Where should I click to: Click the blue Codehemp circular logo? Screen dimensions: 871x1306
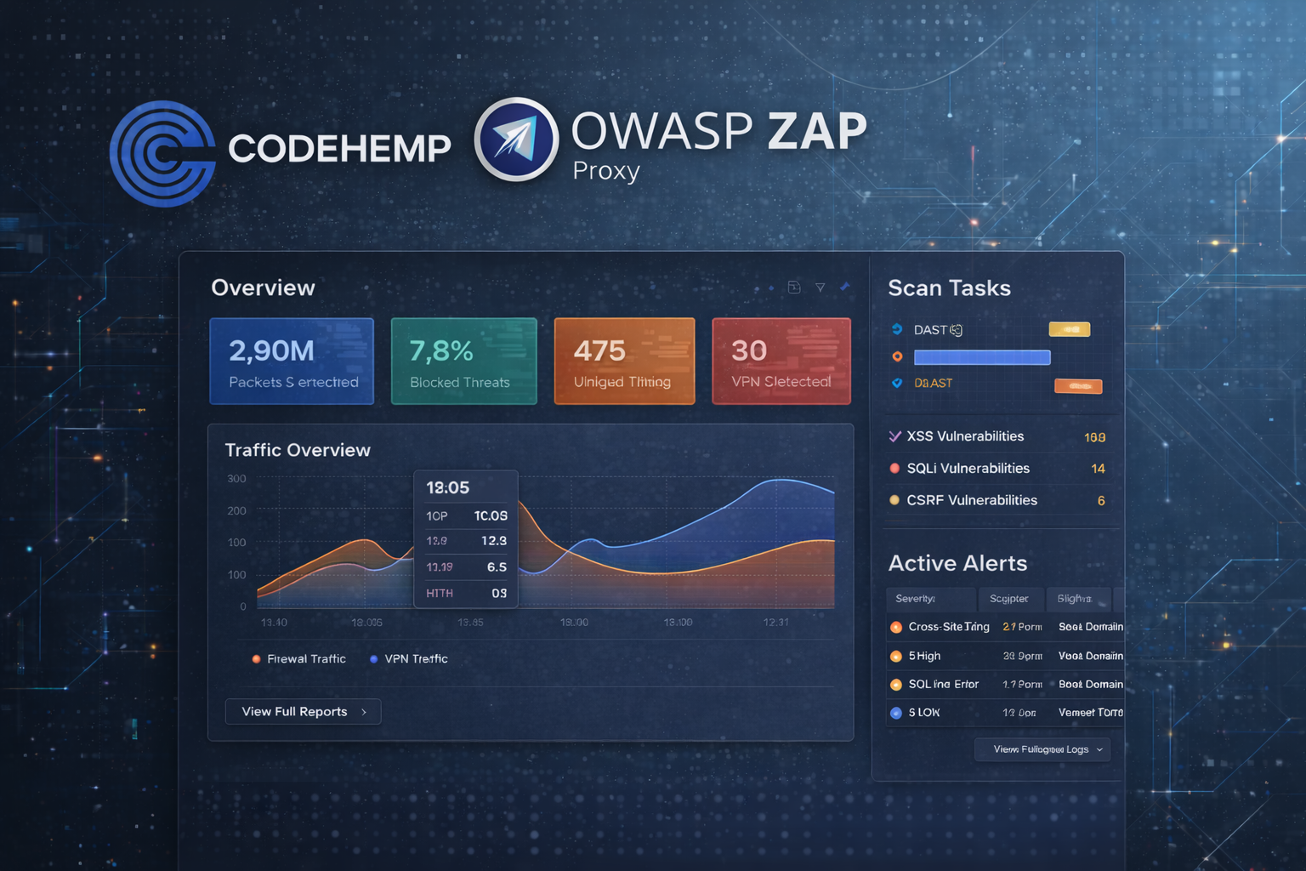[162, 154]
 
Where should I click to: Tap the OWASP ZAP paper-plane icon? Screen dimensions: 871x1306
[516, 140]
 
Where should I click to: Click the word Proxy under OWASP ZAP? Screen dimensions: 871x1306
[605, 171]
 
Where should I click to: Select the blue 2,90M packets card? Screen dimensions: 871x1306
[292, 361]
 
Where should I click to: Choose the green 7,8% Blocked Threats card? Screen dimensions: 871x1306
[463, 361]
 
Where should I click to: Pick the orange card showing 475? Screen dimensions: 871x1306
[624, 361]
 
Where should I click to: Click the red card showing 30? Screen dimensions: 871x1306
[781, 361]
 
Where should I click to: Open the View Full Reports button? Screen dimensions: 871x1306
[303, 712]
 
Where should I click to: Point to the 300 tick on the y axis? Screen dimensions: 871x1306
[237, 479]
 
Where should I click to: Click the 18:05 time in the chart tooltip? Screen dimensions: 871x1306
[448, 488]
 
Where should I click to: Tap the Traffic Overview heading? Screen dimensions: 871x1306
[298, 450]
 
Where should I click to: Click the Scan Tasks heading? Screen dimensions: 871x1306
[949, 288]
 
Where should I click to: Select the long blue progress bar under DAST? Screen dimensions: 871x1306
[982, 357]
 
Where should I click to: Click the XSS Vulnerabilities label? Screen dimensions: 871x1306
[965, 436]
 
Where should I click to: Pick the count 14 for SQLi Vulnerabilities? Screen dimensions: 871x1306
[1098, 469]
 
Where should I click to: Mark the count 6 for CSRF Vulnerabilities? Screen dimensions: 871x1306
[1101, 501]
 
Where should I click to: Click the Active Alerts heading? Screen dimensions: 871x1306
[957, 563]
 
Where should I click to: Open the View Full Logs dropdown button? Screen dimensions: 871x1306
[1042, 749]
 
